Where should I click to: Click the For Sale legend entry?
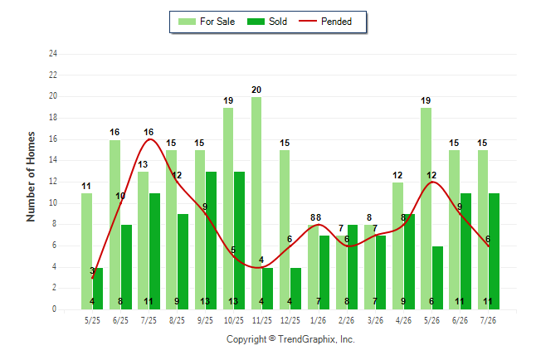pyautogui.click(x=207, y=22)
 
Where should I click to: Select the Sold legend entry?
pyautogui.click(x=267, y=22)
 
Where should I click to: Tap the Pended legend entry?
pyautogui.click(x=325, y=22)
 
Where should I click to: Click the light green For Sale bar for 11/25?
pyautogui.click(x=256, y=203)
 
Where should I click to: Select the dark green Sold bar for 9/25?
pyautogui.click(x=211, y=241)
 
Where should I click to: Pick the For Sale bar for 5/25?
pyautogui.click(x=86, y=251)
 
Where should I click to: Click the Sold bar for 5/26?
pyautogui.click(x=437, y=278)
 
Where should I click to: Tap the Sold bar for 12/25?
pyautogui.click(x=295, y=289)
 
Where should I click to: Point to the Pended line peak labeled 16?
pyautogui.click(x=149, y=139)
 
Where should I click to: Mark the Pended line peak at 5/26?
pyautogui.click(x=432, y=182)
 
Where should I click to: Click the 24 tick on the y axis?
pyautogui.click(x=52, y=53)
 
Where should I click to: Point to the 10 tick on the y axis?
pyautogui.click(x=52, y=203)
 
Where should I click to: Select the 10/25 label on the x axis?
pyautogui.click(x=234, y=320)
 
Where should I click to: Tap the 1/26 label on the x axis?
pyautogui.click(x=319, y=320)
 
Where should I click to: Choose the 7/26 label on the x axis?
pyautogui.click(x=488, y=320)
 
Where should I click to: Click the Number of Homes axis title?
pyautogui.click(x=31, y=177)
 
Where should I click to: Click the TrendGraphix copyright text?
pyautogui.click(x=290, y=339)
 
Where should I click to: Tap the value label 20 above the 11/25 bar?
pyautogui.click(x=256, y=90)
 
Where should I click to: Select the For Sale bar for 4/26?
pyautogui.click(x=397, y=246)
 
